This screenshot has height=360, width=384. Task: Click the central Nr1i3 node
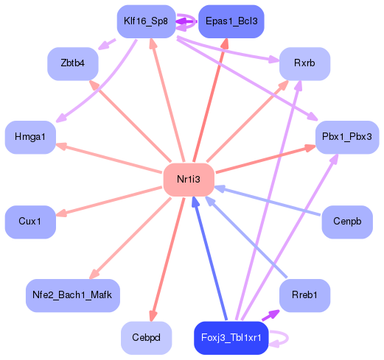click(x=189, y=180)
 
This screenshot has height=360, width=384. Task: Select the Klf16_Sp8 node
click(x=146, y=21)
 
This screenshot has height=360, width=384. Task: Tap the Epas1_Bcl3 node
click(x=231, y=21)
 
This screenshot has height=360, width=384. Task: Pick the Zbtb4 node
click(x=73, y=63)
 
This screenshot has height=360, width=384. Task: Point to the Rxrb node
click(x=304, y=63)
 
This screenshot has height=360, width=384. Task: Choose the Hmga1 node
click(x=30, y=137)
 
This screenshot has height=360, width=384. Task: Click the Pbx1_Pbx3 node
click(x=347, y=137)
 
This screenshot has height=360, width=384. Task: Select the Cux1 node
click(x=30, y=222)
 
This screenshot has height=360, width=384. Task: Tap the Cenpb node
click(x=347, y=222)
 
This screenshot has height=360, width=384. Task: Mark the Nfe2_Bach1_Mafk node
click(x=73, y=295)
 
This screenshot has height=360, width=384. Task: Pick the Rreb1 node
click(x=304, y=295)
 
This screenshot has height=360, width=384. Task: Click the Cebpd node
click(x=146, y=338)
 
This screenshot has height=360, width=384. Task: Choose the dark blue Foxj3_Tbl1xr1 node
click(x=231, y=338)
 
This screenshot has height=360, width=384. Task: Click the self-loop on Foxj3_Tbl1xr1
click(x=287, y=338)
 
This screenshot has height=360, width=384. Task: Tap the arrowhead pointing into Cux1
click(x=61, y=213)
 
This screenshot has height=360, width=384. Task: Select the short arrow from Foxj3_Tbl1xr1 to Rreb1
click(x=270, y=315)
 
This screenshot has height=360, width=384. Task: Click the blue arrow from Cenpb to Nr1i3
click(x=268, y=201)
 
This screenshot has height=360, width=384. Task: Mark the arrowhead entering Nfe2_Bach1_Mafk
click(x=94, y=274)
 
